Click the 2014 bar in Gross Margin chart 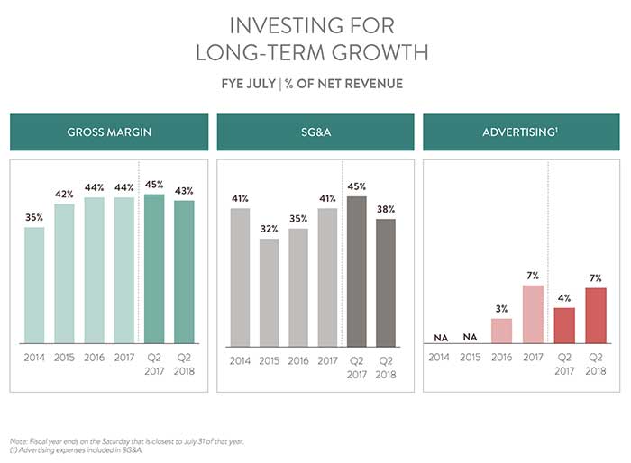tap(34, 286)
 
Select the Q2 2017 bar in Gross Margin tap(154, 270)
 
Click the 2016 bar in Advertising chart tap(501, 331)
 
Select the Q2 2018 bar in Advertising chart tap(595, 315)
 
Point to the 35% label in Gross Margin tap(34, 217)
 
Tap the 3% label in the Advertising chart tap(501, 309)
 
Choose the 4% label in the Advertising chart tap(564, 298)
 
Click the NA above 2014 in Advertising tap(439, 337)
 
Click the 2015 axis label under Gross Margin tap(64, 358)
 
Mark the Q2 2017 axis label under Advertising tap(564, 363)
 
